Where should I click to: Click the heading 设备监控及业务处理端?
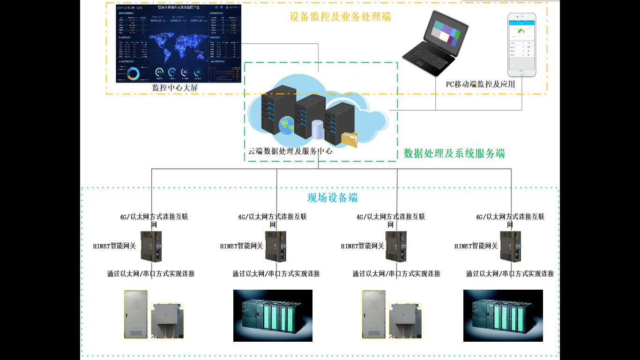point(340,17)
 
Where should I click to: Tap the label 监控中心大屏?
point(175,88)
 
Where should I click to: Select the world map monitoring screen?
point(179,44)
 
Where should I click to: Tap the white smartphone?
point(522,45)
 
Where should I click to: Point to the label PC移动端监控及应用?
point(480,84)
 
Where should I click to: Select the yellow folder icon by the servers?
point(349,139)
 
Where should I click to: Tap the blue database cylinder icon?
point(318,129)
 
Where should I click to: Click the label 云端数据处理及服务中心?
point(290,151)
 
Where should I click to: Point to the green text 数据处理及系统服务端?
point(454,153)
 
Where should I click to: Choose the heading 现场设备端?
point(332,198)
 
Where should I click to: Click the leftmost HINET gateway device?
point(151,247)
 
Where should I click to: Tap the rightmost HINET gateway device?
point(510,247)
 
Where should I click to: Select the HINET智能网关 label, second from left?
point(242,246)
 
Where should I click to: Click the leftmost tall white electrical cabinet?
point(136,314)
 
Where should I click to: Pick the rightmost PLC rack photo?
point(503,315)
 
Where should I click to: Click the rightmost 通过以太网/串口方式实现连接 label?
point(510,274)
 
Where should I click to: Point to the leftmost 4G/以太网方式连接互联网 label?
point(154,217)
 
